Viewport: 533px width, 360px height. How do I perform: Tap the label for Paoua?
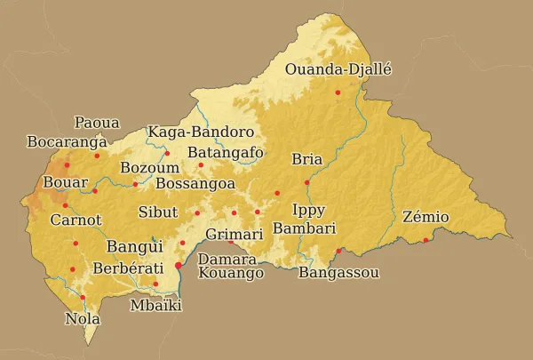97,123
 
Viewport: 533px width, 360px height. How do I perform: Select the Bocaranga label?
68,141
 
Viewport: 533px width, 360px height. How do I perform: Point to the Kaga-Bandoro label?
201,132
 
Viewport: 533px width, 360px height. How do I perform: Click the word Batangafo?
225,152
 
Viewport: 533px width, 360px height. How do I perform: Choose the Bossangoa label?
195,183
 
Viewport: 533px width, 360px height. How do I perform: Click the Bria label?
306,160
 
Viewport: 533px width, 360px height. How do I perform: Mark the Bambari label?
305,228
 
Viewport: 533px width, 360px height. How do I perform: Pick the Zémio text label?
426,217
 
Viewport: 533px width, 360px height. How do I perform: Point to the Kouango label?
231,274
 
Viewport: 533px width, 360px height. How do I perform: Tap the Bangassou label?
339,273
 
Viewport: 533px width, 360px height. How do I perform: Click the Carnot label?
76,220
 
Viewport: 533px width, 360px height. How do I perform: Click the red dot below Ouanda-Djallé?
338,92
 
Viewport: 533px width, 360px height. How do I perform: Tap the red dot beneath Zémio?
426,240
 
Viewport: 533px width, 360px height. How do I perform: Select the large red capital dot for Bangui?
178,265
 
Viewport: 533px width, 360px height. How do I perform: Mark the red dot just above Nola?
83,297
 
